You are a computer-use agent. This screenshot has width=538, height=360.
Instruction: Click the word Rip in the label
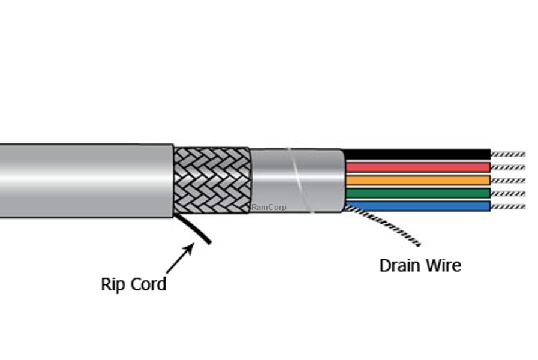pos(112,284)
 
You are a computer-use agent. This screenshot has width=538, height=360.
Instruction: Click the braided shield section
pos(212,180)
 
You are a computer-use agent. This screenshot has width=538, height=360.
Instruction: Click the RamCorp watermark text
pos(269,208)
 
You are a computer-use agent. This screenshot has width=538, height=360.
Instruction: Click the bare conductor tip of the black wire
pos(507,154)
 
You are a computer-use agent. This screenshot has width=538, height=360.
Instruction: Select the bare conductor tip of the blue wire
pos(507,206)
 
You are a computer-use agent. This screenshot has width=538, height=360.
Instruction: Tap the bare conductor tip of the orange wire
pos(507,180)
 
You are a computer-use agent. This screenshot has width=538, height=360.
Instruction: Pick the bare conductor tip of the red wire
pos(507,167)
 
